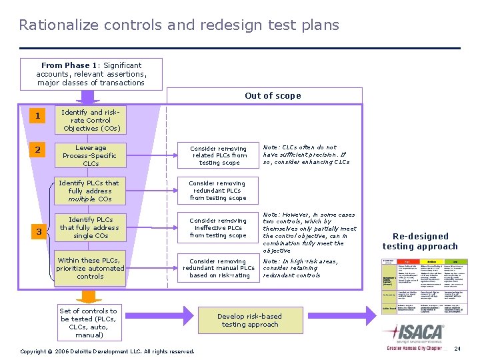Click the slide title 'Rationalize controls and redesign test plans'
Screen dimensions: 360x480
coord(179,25)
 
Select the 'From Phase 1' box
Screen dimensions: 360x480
coord(91,74)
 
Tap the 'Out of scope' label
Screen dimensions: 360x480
coord(273,95)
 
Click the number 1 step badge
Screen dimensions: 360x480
coord(38,116)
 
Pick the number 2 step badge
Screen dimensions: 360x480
coord(38,150)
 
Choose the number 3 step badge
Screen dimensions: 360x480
coord(39,231)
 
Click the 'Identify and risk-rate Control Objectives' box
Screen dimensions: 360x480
coord(91,121)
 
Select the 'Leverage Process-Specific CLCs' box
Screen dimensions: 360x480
coord(91,155)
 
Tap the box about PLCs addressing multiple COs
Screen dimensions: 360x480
coord(90,191)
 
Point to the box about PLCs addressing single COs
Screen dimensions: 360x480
coord(91,227)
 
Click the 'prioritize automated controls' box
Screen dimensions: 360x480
coord(90,268)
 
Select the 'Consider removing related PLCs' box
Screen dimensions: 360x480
coord(218,155)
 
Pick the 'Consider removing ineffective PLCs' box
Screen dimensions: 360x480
coord(218,227)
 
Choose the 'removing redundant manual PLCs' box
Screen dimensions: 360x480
coord(218,268)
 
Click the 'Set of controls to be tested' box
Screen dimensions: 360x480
coord(88,323)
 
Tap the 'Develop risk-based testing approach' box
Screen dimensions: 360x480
coord(250,321)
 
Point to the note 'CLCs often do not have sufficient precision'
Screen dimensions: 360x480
coord(306,155)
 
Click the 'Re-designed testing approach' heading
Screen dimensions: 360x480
coord(420,241)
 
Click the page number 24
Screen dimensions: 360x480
coord(457,349)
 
